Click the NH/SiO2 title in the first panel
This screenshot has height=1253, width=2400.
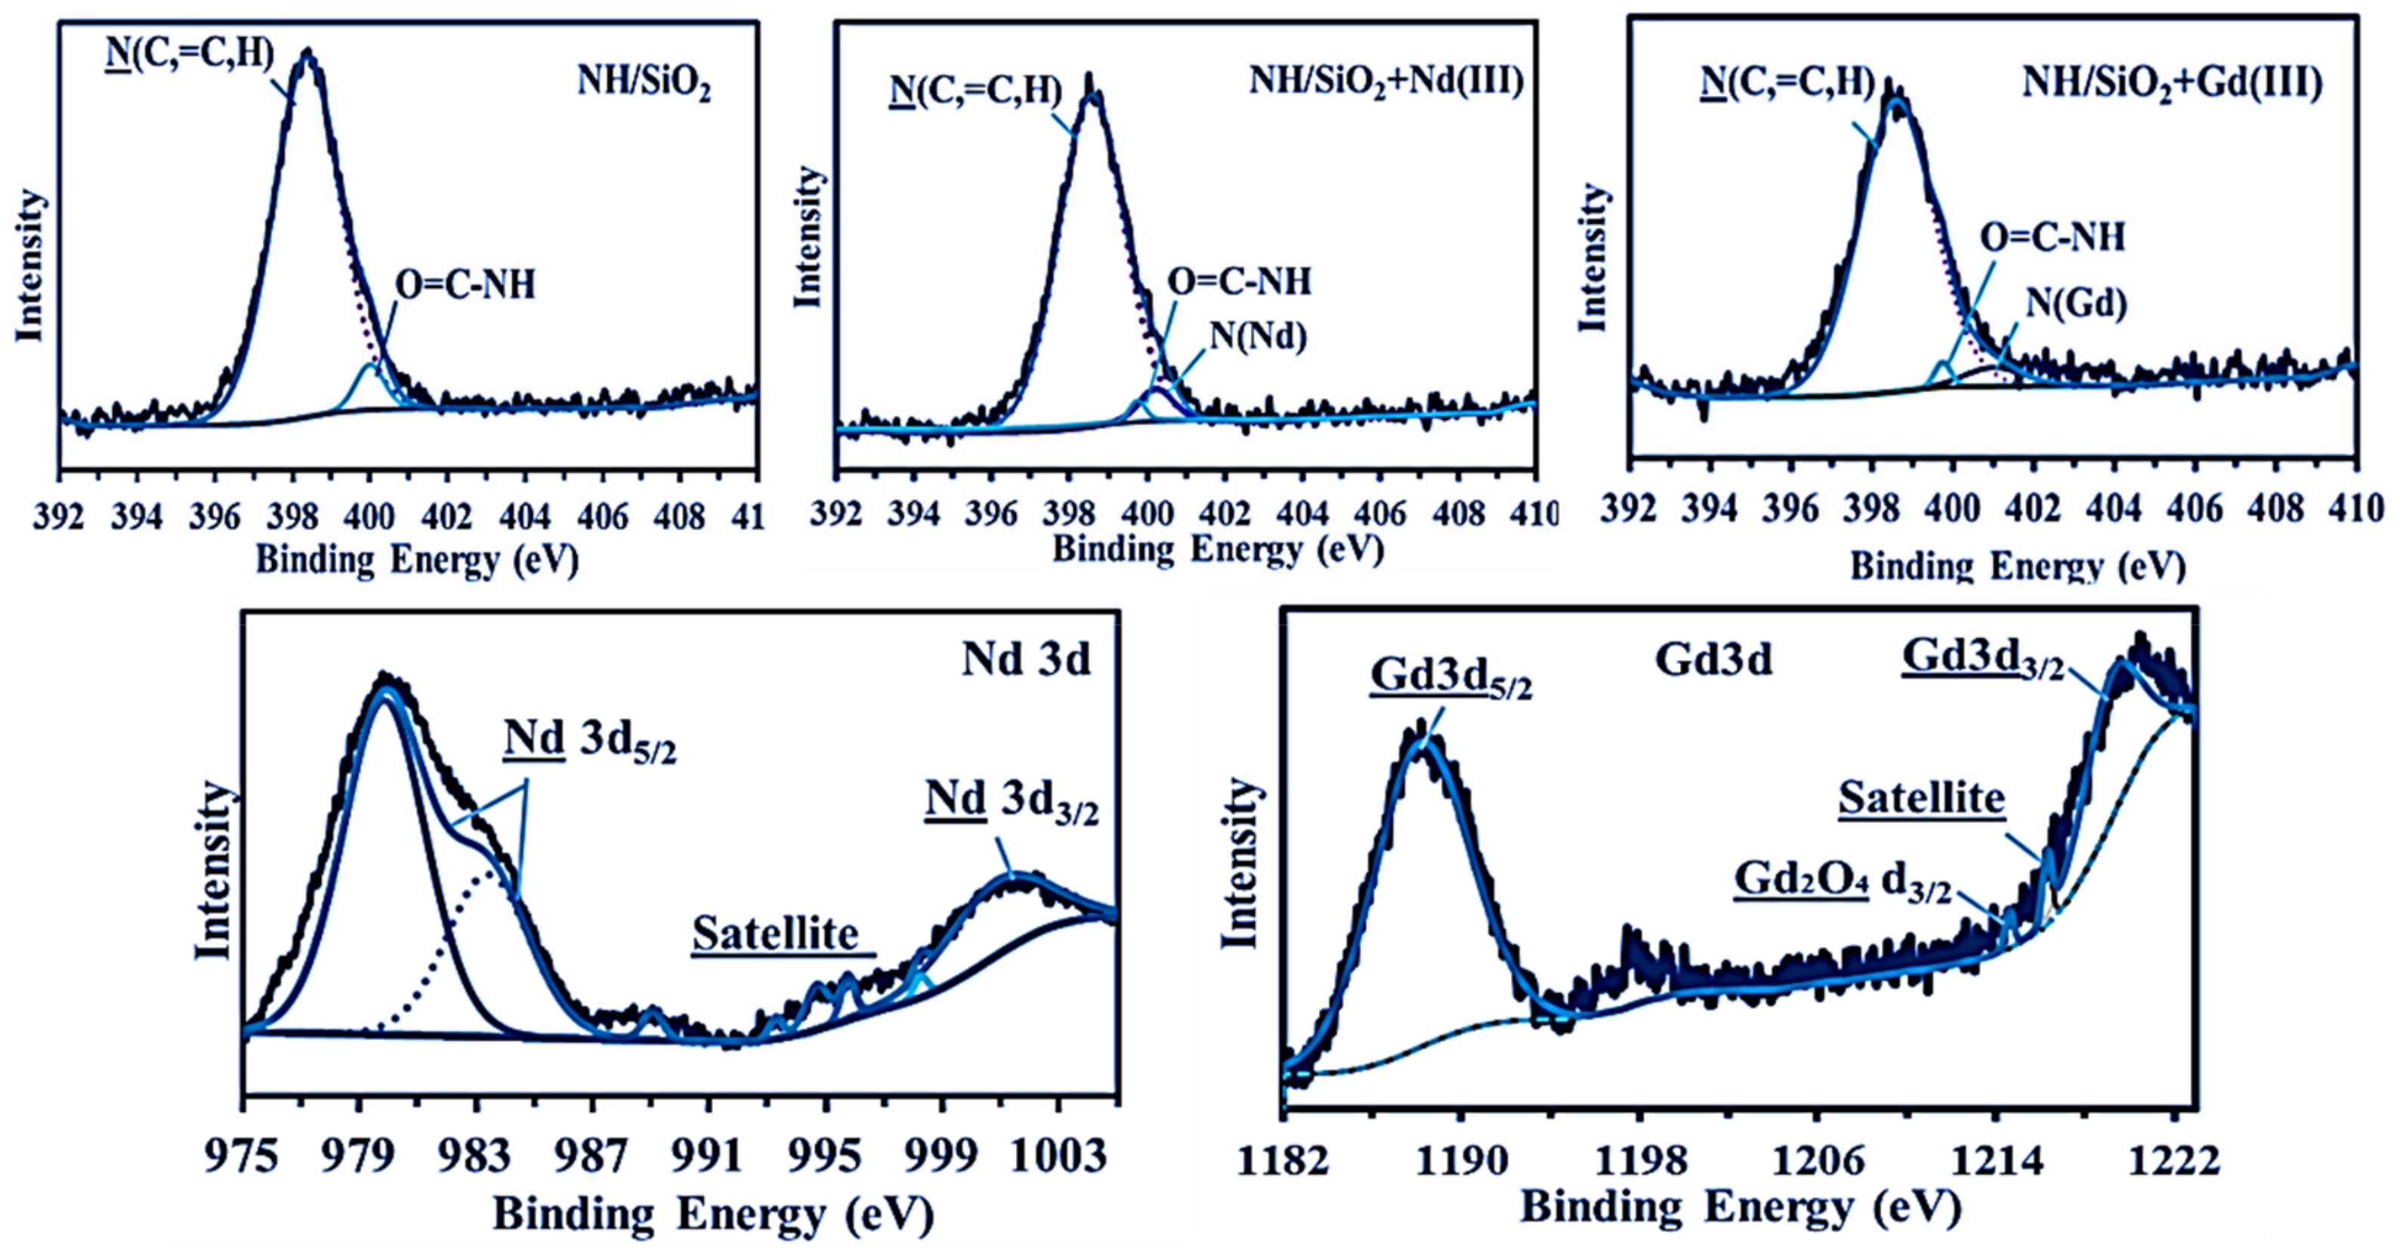644,83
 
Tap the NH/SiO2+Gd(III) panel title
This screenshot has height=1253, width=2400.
2172,83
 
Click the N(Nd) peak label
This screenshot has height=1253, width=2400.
1258,335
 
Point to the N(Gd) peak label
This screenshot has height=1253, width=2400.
2076,303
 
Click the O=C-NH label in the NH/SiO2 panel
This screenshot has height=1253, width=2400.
466,285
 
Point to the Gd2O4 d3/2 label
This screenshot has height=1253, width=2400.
1842,881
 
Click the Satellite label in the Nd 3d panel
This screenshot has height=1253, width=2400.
775,934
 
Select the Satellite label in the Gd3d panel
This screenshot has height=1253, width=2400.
1921,798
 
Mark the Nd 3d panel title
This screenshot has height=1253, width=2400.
1026,659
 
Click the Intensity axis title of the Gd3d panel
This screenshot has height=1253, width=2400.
1240,863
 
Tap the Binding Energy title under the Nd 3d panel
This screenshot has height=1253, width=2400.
712,1214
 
